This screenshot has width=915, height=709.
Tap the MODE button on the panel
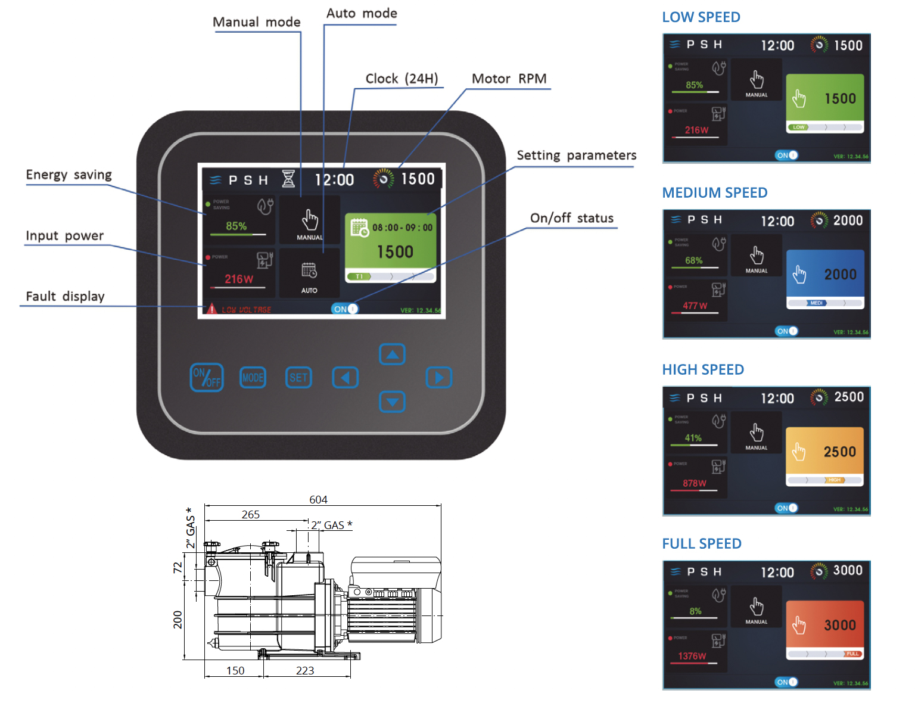point(253,378)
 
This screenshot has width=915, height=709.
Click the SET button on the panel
point(298,378)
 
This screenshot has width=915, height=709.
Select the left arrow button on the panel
point(345,378)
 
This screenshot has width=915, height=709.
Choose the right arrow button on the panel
point(439,378)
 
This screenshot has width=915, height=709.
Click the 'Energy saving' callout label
point(69,175)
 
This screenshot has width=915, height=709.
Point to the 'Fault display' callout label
point(65,296)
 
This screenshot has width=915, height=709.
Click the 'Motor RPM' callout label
point(509,79)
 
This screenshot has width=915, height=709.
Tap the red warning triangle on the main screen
point(211,309)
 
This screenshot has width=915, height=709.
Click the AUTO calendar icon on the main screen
point(309,270)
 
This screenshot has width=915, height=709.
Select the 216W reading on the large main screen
point(239,279)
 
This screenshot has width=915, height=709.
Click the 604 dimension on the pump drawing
point(318,499)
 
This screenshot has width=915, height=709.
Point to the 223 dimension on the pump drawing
point(305,670)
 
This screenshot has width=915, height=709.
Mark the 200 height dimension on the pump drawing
point(178,620)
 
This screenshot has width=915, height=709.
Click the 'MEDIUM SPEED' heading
point(715,193)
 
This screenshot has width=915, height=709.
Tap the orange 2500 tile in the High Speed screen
point(824,453)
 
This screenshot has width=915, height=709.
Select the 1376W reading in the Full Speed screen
point(692,656)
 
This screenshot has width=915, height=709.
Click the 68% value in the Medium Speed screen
point(694,260)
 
